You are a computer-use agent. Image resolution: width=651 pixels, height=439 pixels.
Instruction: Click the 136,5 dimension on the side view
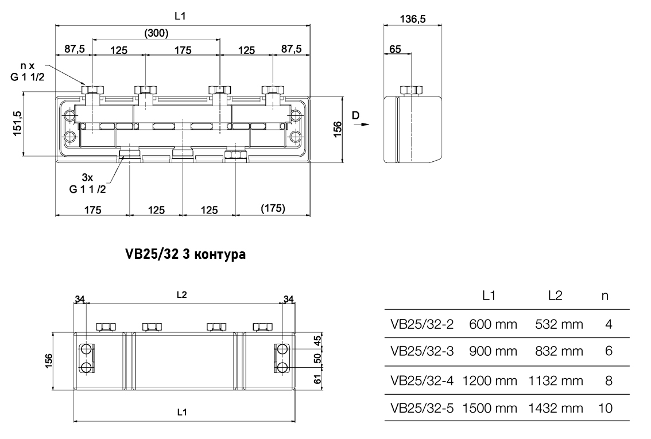[x=412, y=20]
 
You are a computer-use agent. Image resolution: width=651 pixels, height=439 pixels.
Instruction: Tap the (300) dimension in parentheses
[x=156, y=33]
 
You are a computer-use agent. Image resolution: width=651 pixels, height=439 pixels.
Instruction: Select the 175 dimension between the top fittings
[x=183, y=50]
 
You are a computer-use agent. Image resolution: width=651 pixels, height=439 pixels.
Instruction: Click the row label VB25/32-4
[x=422, y=380]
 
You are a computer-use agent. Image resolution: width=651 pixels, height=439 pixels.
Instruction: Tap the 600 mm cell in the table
[x=493, y=324]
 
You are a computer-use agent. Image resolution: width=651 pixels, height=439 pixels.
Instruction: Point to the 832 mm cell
[x=559, y=352]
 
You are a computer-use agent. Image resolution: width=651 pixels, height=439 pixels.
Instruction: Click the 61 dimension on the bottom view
[x=317, y=379]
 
